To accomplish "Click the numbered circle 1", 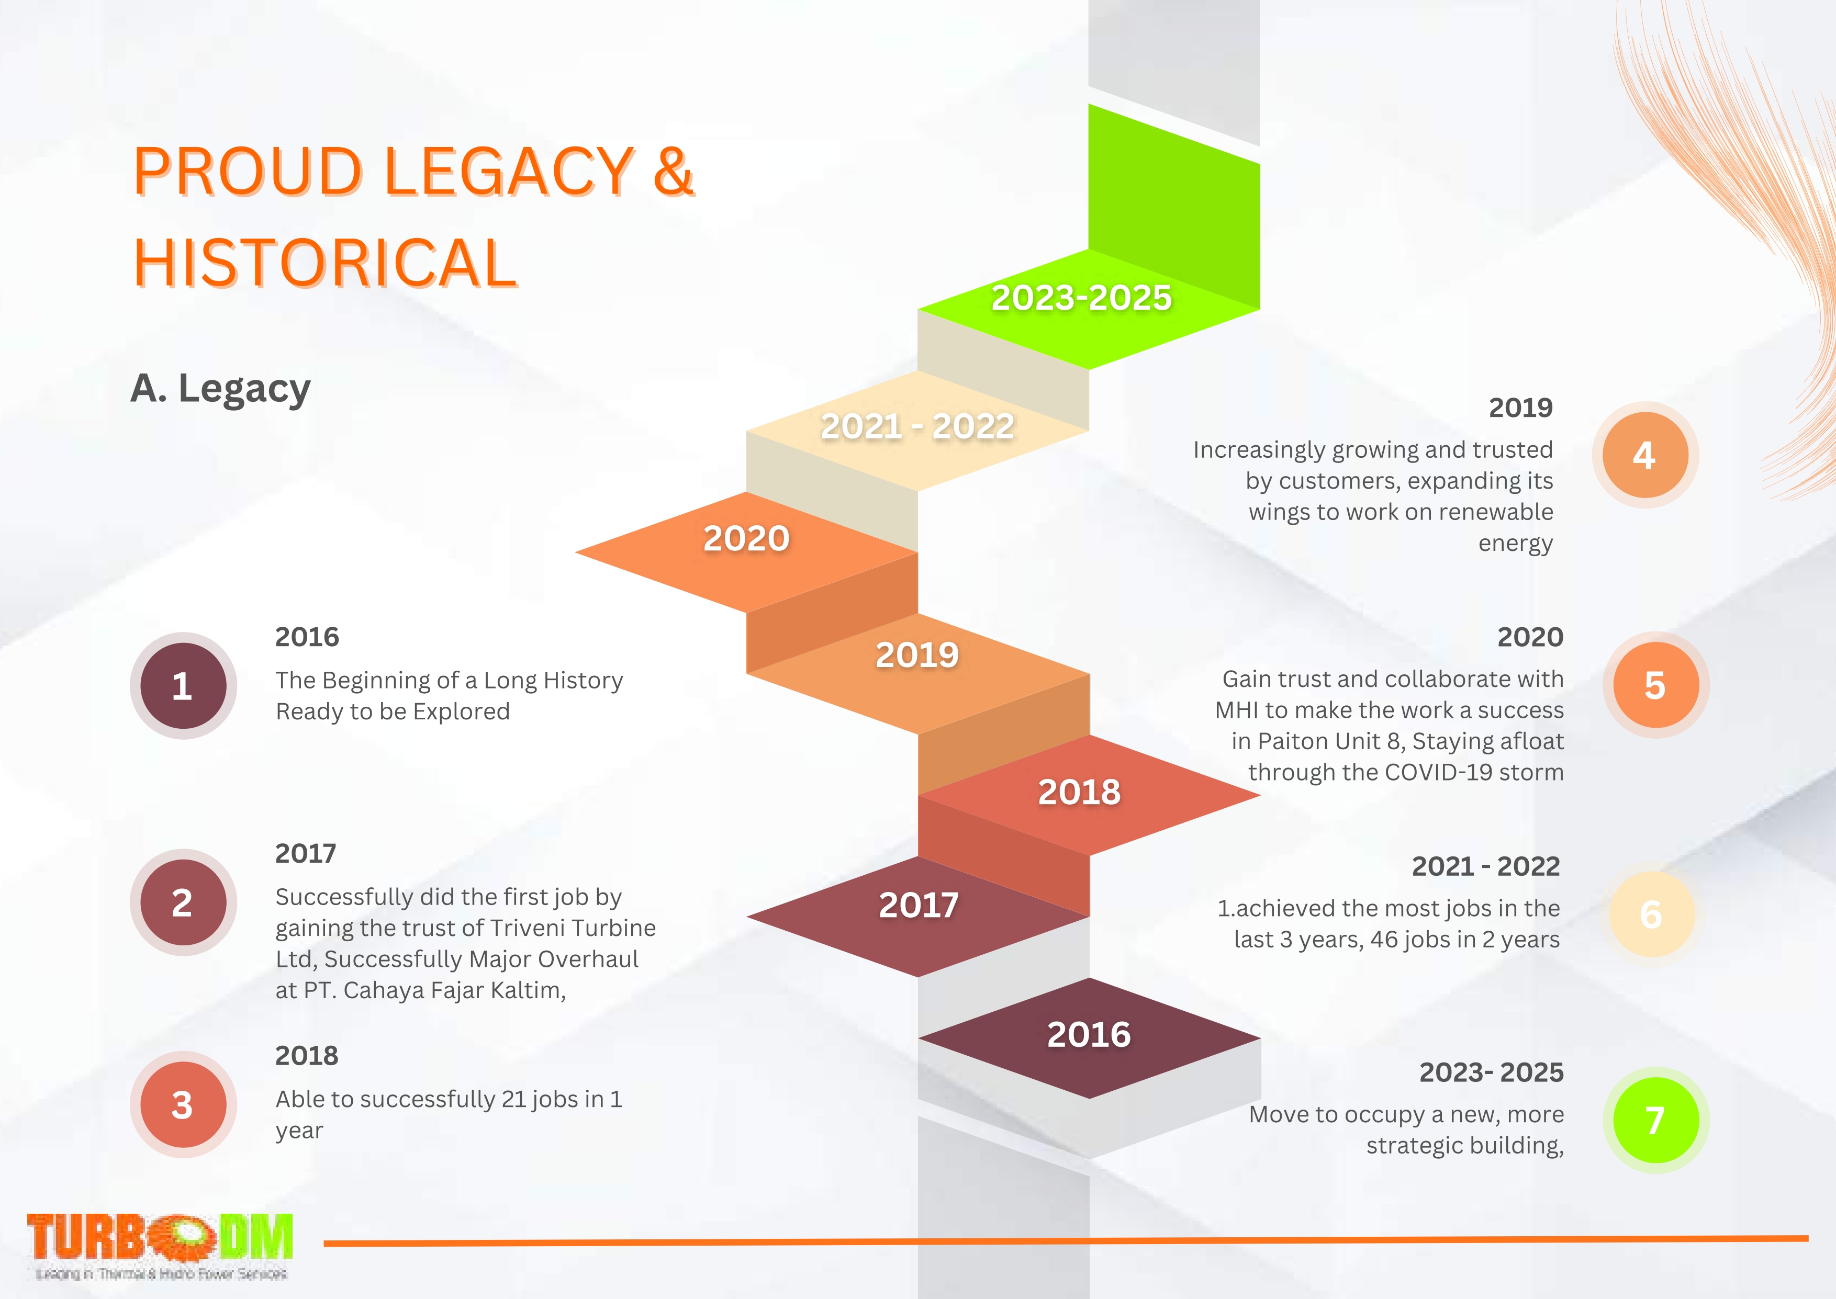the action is [183, 685].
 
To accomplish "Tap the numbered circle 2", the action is [183, 902].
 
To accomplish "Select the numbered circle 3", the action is [183, 1104].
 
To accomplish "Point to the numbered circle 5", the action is [1655, 685].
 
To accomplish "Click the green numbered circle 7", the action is [1655, 1120].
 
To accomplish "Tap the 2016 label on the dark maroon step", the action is [1089, 1034].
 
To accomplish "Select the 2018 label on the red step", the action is [1079, 792].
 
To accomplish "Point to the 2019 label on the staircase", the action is [917, 655].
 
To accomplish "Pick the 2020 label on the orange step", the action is [746, 538].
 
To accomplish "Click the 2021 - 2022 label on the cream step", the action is [917, 426].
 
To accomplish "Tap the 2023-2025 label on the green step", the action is [1082, 298].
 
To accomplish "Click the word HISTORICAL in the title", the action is [326, 262].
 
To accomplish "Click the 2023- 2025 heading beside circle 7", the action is [1491, 1072].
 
